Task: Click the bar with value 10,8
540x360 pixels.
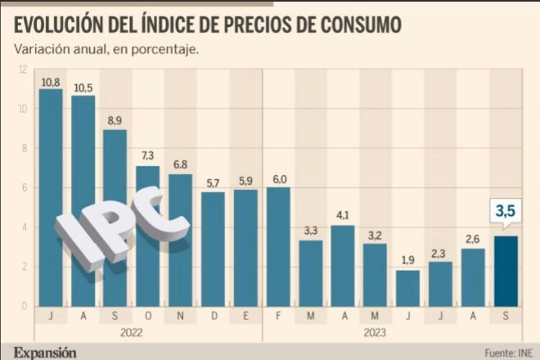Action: [x=51, y=196]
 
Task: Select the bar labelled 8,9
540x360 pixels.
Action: [x=115, y=217]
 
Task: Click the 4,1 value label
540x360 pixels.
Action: [x=342, y=216]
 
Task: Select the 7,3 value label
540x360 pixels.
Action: [x=147, y=155]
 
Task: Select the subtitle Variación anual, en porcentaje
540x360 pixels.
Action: [x=106, y=49]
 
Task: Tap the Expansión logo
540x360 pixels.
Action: [x=44, y=352]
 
